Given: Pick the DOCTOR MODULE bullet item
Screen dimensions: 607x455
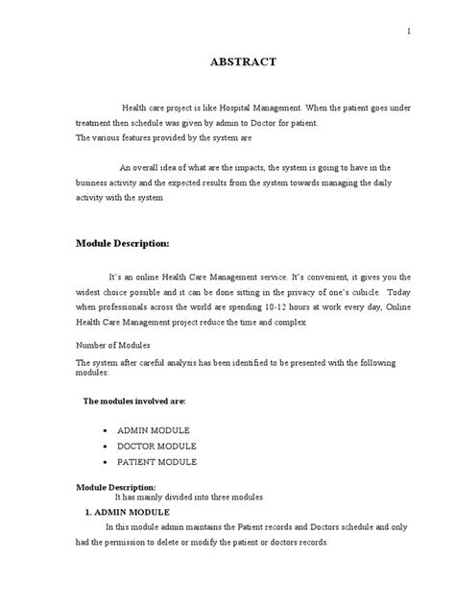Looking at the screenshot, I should coord(156,446).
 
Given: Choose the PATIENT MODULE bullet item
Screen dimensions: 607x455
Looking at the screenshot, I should coord(156,461).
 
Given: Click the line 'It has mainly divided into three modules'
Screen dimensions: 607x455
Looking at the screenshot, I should coord(189,497).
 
